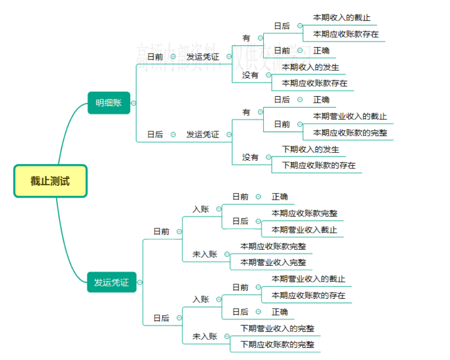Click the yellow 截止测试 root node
point(50,181)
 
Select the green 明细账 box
point(109,103)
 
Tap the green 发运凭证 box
point(112,282)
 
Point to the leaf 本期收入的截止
point(342,18)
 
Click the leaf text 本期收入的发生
point(310,67)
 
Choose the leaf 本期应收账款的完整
point(350,133)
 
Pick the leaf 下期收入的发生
point(310,149)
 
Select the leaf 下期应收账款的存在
point(318,165)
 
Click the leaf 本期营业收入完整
point(273,262)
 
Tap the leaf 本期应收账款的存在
point(308,296)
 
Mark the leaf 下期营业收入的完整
point(277,328)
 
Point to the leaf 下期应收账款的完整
point(277,345)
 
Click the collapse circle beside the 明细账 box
point(133,103)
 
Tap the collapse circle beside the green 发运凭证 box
point(140,282)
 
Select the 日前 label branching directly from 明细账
point(156,57)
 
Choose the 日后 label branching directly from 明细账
point(155,134)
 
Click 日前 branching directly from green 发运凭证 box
point(161,232)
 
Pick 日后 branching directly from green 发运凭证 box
point(161,318)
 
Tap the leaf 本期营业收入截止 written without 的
point(304,230)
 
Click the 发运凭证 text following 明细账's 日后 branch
point(203,134)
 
